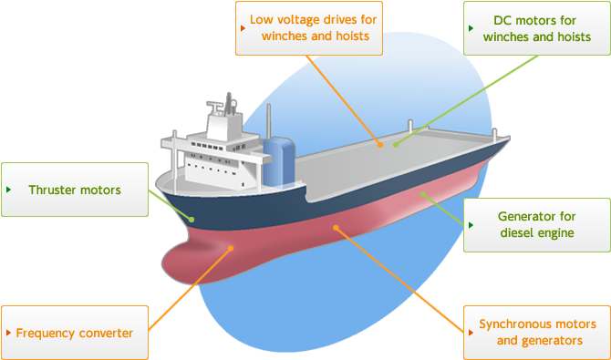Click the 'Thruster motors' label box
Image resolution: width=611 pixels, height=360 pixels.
[74, 190]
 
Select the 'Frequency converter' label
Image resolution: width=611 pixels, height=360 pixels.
[74, 333]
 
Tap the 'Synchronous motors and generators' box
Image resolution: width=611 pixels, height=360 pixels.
[537, 333]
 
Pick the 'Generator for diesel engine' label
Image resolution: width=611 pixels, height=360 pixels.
[537, 225]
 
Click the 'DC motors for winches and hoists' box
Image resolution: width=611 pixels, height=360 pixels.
[528, 27]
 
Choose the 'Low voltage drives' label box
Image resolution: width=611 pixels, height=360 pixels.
[309, 27]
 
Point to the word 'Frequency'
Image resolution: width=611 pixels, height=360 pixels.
[43, 333]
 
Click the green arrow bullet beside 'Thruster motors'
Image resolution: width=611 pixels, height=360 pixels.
[9, 190]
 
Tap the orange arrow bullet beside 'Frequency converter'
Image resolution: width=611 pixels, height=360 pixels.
[9, 333]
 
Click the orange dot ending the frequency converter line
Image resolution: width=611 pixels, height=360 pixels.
[231, 247]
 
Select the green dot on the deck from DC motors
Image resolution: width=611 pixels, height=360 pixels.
[395, 144]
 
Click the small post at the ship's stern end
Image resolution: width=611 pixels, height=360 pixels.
[496, 135]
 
